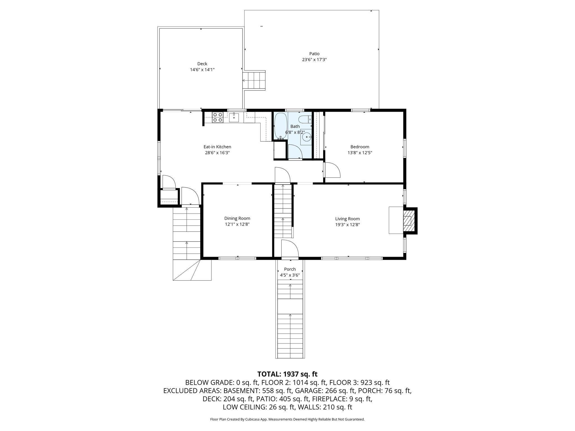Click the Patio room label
[x=314, y=54]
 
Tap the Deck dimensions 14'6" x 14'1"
[x=202, y=70]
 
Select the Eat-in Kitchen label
[x=217, y=147]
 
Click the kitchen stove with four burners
[x=218, y=117]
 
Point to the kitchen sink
[x=234, y=117]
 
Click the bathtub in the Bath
[x=280, y=126]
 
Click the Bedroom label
[x=360, y=147]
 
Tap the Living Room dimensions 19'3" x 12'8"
[x=347, y=225]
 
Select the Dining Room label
[x=237, y=218]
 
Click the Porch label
[x=290, y=269]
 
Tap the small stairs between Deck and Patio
[x=254, y=80]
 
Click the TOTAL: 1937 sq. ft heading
[x=287, y=374]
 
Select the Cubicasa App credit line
[x=287, y=419]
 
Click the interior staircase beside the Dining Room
[x=283, y=211]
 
